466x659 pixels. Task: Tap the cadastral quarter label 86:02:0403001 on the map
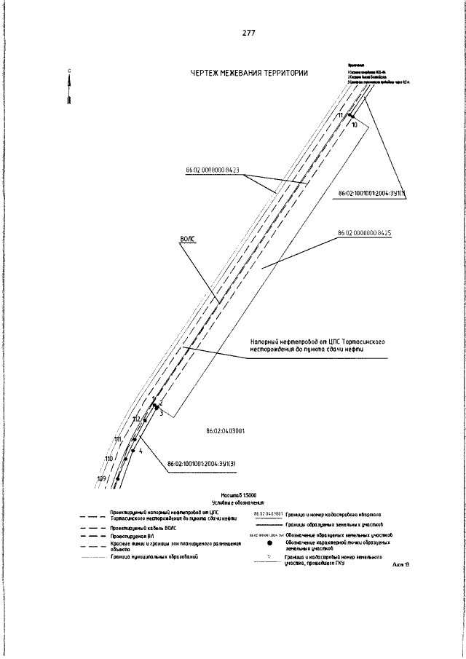226,431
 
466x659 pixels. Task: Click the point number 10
355,125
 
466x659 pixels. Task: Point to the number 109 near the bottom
101,478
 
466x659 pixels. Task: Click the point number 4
141,451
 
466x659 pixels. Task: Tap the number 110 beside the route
108,459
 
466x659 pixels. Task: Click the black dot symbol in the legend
269,542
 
